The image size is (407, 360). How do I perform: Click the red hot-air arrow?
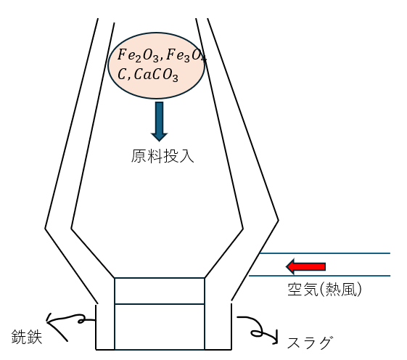click(x=305, y=266)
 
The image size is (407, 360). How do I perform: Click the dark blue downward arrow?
click(x=160, y=121)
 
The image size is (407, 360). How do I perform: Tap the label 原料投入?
click(x=163, y=156)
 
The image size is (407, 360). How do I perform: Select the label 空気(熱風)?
click(x=324, y=289)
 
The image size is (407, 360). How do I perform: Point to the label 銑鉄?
click(x=27, y=337)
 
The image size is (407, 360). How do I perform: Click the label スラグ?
click(x=310, y=343)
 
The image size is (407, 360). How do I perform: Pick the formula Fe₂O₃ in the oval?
click(x=138, y=56)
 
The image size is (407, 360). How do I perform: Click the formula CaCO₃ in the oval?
click(x=156, y=75)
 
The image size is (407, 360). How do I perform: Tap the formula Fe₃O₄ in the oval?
click(x=186, y=56)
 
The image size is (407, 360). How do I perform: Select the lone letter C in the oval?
click(x=122, y=75)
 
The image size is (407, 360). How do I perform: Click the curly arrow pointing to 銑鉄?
click(x=68, y=324)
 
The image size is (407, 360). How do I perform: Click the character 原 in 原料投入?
click(x=139, y=156)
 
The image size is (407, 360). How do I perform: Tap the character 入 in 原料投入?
click(x=186, y=156)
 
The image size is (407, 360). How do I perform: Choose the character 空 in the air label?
click(x=295, y=289)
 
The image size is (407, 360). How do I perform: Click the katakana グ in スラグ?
click(x=325, y=343)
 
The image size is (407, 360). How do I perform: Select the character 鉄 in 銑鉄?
click(x=35, y=337)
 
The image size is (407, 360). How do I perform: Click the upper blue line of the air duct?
click(x=325, y=253)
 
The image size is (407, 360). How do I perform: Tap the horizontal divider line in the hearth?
click(x=160, y=303)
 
